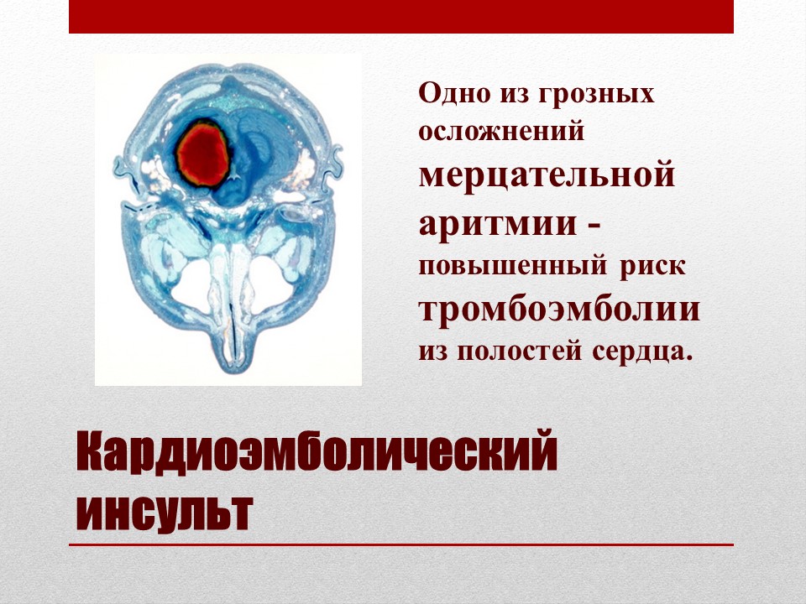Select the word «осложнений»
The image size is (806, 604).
(x=501, y=131)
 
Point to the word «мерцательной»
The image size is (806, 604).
(x=547, y=175)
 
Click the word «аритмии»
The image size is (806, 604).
(x=498, y=223)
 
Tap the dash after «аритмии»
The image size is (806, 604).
(x=594, y=226)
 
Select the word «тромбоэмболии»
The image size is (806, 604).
(x=559, y=310)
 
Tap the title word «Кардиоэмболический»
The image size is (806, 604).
(x=317, y=451)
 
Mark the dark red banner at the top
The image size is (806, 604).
(x=401, y=17)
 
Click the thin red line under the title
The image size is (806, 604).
(x=401, y=545)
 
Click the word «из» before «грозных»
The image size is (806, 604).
(x=513, y=95)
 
